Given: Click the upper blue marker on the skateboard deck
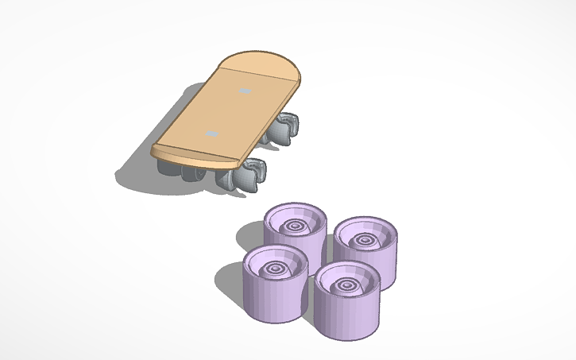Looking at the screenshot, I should (x=245, y=91).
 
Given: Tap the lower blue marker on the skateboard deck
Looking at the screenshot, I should (x=211, y=134).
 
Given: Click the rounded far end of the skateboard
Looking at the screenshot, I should (x=266, y=61).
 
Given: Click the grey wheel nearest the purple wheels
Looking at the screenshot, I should (x=249, y=176).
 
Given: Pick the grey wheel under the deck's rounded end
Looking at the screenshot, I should (x=285, y=129).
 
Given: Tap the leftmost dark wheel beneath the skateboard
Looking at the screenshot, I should (x=168, y=170).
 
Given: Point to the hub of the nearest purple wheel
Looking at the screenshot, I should (x=349, y=284).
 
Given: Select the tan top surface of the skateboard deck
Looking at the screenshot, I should (x=230, y=111).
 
